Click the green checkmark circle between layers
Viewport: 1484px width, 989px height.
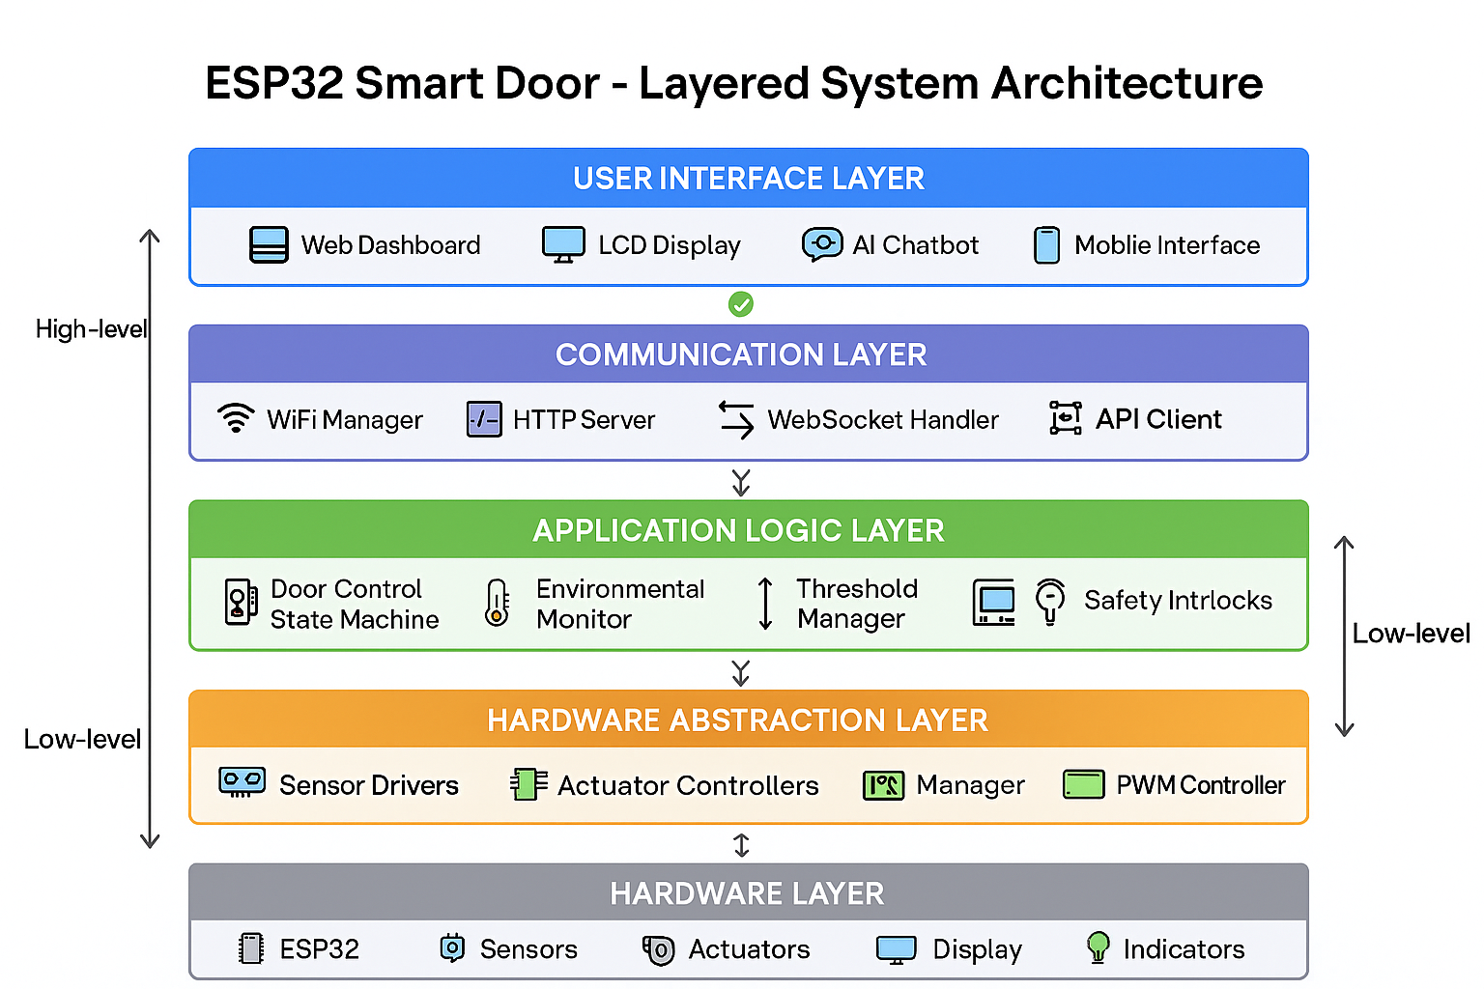pyautogui.click(x=741, y=304)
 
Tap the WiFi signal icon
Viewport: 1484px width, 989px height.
pyautogui.click(x=236, y=418)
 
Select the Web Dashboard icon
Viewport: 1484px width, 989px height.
pyautogui.click(x=269, y=244)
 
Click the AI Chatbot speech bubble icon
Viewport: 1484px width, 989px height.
pyautogui.click(x=822, y=245)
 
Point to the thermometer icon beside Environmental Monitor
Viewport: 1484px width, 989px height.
pyautogui.click(x=497, y=603)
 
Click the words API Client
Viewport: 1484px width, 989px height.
pyautogui.click(x=1158, y=419)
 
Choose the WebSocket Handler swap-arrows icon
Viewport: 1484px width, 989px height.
pyautogui.click(x=736, y=420)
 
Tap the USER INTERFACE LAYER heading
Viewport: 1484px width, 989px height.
pyautogui.click(x=749, y=178)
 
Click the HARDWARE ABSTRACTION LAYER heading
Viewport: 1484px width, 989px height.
pyautogui.click(x=737, y=721)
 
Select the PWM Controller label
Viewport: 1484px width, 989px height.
pyautogui.click(x=1201, y=785)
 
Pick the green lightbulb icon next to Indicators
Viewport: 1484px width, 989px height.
pyautogui.click(x=1098, y=947)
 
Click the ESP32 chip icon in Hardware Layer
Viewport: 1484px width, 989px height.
pyautogui.click(x=251, y=947)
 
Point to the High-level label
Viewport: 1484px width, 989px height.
pyautogui.click(x=91, y=329)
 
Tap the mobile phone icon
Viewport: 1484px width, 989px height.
pyautogui.click(x=1046, y=245)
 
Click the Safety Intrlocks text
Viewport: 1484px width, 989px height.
pyautogui.click(x=1178, y=600)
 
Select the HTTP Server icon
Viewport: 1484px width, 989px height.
pyautogui.click(x=484, y=419)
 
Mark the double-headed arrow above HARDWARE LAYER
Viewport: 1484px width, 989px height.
pyautogui.click(x=741, y=845)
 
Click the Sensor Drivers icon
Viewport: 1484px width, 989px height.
pyautogui.click(x=242, y=782)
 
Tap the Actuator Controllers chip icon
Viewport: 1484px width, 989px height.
pyautogui.click(x=528, y=784)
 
